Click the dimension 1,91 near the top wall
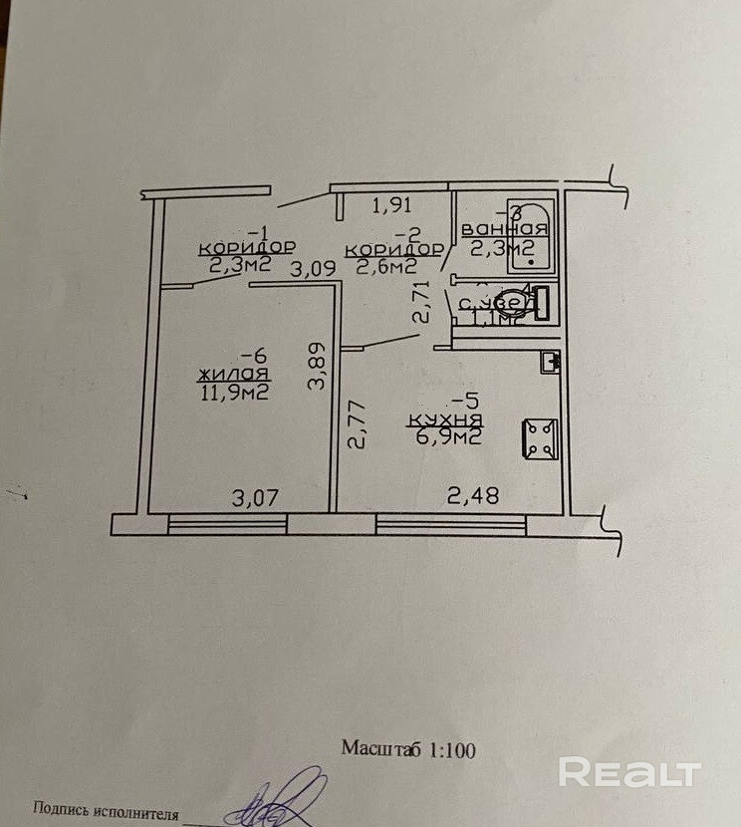390,207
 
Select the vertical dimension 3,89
317,368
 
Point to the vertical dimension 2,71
422,302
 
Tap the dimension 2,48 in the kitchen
472,495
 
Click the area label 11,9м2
236,393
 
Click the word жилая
236,375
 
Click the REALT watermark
628,772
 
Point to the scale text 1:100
452,749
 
